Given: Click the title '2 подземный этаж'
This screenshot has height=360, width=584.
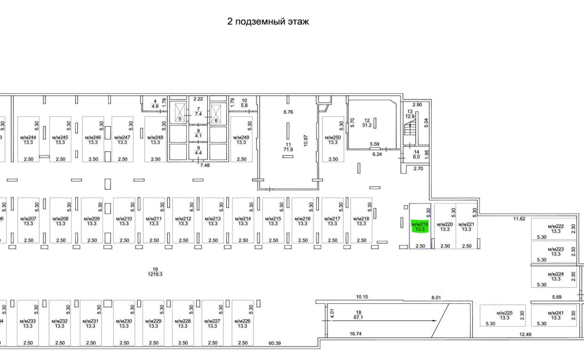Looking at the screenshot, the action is point(268,21).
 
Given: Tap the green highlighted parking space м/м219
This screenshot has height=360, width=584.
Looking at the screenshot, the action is point(419,227).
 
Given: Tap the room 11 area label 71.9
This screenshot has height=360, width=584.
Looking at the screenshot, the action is point(287,146).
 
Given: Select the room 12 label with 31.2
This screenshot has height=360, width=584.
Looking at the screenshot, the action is point(366,123).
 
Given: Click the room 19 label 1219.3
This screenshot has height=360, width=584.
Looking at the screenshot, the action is point(155,272).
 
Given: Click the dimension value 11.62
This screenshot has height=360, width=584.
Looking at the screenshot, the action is point(519,219).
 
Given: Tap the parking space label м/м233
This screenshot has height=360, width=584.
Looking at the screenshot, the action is point(28,323).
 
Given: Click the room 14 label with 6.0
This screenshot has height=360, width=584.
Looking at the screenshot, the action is point(416,154).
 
